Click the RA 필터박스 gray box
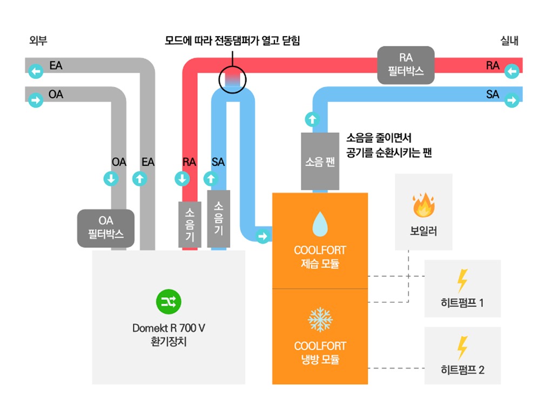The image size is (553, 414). [406, 65]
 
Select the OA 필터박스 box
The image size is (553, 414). [106, 228]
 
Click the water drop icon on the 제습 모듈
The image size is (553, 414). [320, 223]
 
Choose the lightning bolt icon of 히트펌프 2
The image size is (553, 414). [462, 348]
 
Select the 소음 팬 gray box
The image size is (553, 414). [320, 162]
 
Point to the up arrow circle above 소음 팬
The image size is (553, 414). [312, 118]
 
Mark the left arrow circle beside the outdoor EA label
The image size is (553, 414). [36, 71]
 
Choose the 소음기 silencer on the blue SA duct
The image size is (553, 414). [218, 218]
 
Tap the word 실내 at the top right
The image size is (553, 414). [510, 41]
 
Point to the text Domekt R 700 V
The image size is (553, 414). [168, 329]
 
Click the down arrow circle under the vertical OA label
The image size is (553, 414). [111, 178]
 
